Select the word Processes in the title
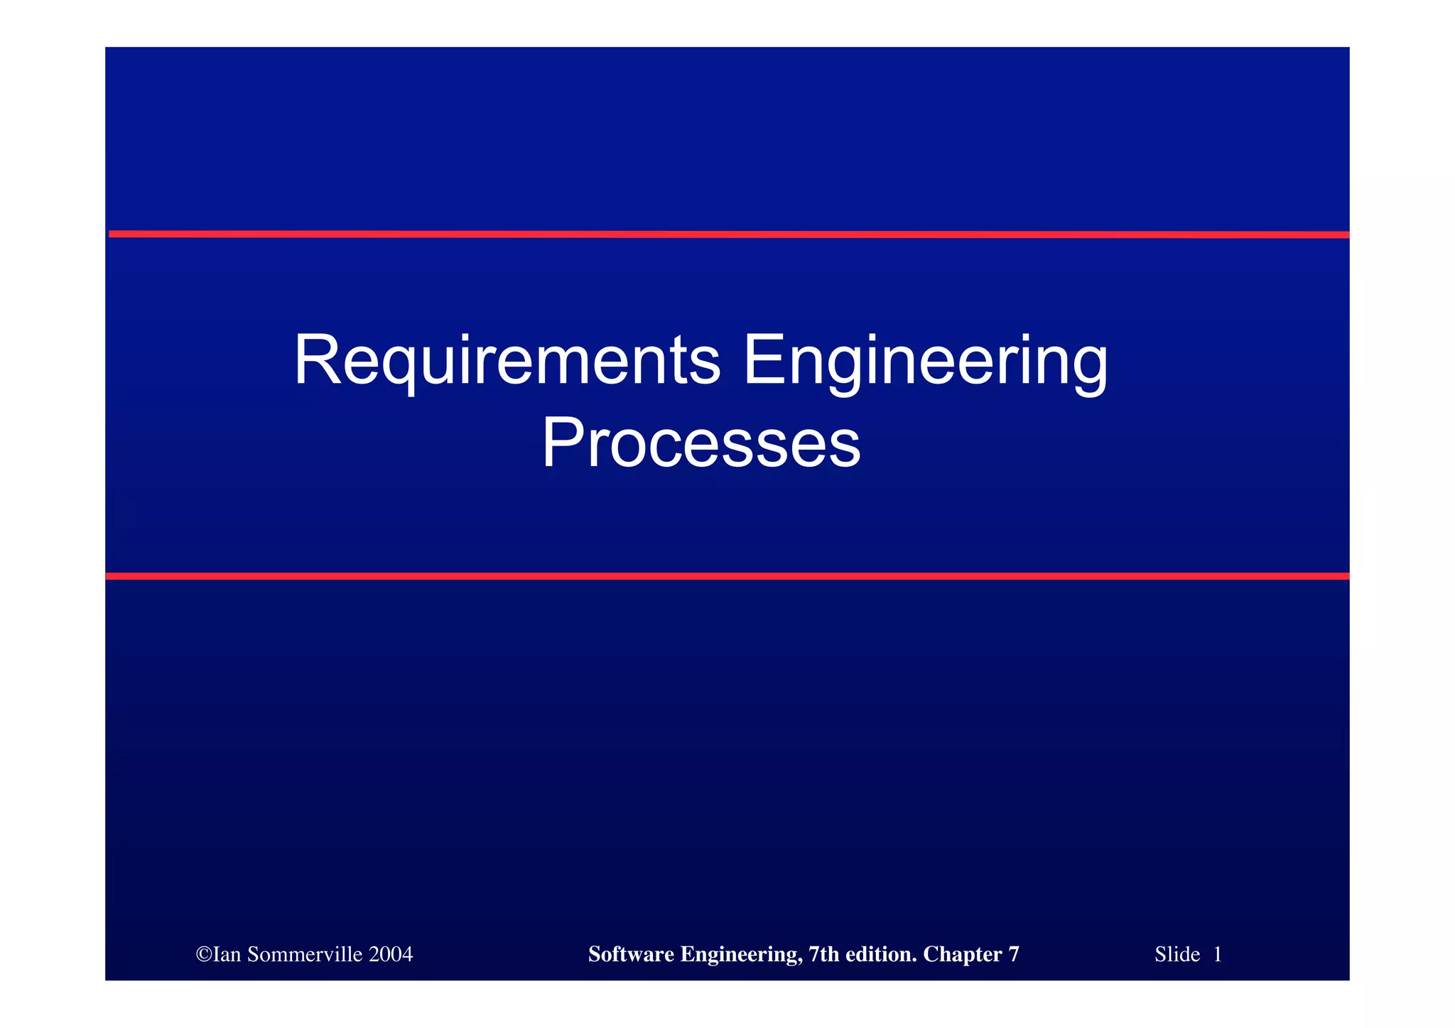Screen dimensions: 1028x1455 [x=701, y=443]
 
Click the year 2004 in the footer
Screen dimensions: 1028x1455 [x=391, y=954]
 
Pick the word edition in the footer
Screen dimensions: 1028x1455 [x=881, y=954]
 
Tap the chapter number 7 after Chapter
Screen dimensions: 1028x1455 [x=1014, y=954]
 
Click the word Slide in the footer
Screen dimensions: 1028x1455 [x=1177, y=954]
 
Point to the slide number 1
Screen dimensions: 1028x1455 [x=1218, y=954]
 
